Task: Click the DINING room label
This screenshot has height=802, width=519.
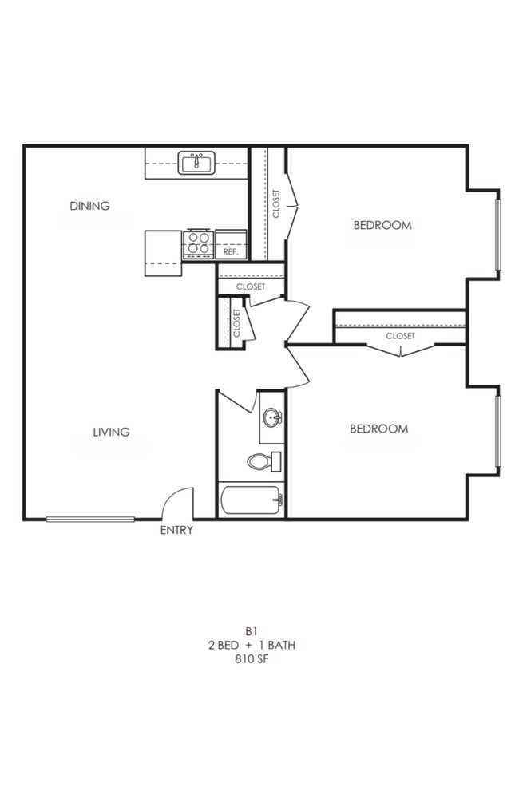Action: pos(89,206)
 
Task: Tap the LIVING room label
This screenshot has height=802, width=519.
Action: pos(111,433)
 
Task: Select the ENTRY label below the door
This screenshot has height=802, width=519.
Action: pos(176,531)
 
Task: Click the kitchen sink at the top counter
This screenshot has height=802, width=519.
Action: pos(196,164)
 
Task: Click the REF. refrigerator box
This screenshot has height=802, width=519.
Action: pos(232,251)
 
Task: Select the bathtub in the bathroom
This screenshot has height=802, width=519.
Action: pos(251,501)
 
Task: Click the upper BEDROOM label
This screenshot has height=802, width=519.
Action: pos(382,225)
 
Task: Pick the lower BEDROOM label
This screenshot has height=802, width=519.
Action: pos(378,429)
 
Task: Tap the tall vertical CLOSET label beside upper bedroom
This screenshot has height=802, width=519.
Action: pos(276,204)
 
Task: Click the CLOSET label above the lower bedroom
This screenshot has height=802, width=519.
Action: pos(400,336)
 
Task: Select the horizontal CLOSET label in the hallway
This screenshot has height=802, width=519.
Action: pos(250,286)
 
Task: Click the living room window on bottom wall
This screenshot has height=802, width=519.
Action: pos(90,520)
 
